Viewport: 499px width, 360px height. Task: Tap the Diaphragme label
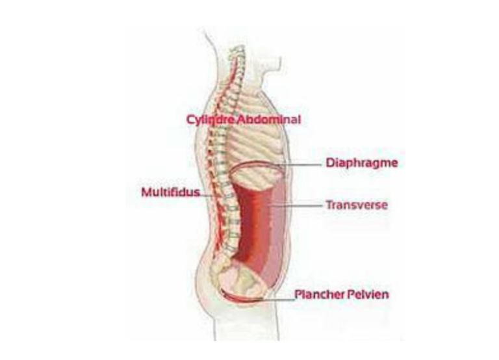pos(360,164)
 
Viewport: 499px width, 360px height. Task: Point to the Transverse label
pos(356,205)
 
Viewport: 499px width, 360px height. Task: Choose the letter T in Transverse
pos(328,205)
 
